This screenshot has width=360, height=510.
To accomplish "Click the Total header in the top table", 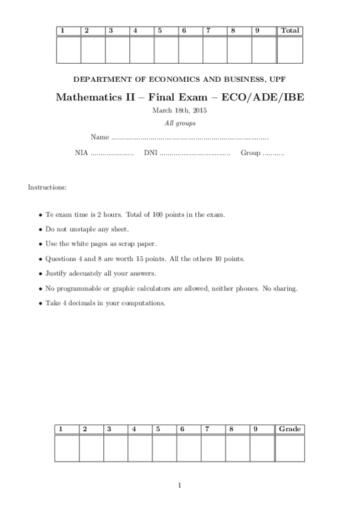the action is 289,31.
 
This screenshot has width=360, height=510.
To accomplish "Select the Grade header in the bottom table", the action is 289,429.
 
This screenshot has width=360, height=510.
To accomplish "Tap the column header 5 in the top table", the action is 160,31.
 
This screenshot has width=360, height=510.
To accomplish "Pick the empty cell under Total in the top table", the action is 289,49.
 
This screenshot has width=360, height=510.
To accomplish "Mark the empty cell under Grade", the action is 289,448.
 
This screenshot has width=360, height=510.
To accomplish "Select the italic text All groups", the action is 180,123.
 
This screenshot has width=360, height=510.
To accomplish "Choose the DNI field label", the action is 150,153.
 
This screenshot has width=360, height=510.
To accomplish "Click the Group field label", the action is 251,153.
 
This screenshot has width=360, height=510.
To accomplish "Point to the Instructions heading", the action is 47,188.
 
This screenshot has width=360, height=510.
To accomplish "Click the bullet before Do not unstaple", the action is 40,229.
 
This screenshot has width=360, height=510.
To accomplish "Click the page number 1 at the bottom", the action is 180,485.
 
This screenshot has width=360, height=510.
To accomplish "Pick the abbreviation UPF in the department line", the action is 278,79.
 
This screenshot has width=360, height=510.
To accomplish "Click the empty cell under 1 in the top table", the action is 68,49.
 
